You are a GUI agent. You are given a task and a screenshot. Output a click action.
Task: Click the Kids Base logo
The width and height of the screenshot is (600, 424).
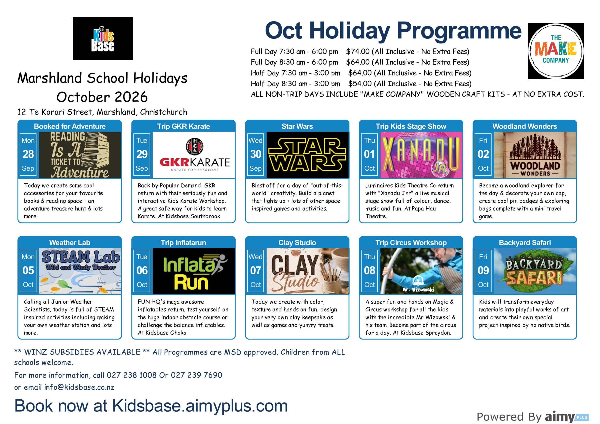[103, 38]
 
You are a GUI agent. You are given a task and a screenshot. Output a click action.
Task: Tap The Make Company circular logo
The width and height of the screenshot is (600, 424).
[556, 51]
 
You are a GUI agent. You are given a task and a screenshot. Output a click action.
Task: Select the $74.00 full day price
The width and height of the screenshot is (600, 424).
[358, 52]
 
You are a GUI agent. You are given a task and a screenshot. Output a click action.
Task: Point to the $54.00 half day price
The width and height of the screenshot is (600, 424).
[360, 84]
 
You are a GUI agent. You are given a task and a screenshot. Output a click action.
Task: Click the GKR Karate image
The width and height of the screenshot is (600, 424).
[194, 155]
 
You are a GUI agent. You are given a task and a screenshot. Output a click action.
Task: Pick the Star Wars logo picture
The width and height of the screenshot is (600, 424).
[307, 155]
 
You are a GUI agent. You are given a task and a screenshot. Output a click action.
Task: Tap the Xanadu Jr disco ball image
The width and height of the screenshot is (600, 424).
[421, 155]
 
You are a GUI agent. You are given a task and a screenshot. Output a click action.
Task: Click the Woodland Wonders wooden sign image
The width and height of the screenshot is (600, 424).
[535, 155]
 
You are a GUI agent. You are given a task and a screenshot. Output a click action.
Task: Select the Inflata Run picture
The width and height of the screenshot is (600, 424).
[194, 271]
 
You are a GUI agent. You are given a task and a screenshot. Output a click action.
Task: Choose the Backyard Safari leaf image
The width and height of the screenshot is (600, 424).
[535, 271]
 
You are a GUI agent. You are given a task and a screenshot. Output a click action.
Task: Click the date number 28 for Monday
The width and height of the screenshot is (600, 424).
[28, 154]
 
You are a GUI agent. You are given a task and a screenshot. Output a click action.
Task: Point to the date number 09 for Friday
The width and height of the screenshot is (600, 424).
[483, 270]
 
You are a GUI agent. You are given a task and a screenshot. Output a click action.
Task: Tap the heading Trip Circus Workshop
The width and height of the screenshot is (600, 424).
[411, 243]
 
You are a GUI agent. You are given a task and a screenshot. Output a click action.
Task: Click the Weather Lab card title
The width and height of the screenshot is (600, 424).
[70, 243]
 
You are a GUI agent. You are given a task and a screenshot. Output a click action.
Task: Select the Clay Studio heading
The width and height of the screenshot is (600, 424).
[297, 243]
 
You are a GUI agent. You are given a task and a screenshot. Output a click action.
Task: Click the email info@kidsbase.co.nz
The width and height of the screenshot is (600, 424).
[79, 387]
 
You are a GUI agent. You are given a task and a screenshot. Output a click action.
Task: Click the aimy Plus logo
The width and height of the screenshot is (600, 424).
[566, 417]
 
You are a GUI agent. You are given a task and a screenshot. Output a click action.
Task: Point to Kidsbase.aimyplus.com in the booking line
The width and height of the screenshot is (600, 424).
[200, 406]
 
